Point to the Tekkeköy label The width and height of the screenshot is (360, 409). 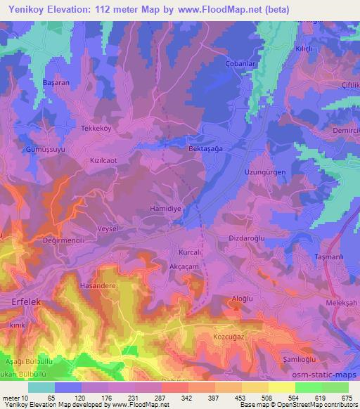[98, 118]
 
